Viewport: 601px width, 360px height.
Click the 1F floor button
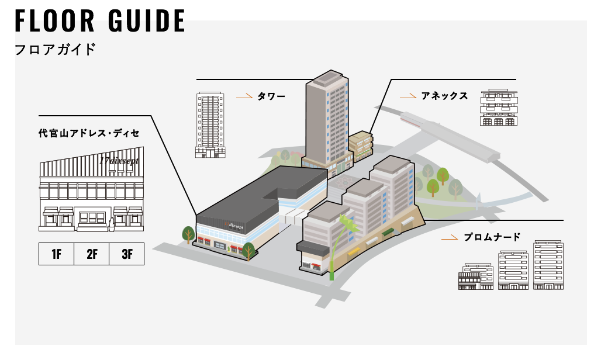[56, 254]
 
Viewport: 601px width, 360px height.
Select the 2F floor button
[91, 254]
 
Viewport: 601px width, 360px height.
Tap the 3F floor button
[126, 254]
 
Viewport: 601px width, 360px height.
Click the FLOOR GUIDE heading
[100, 21]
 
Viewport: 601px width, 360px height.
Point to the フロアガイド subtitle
[55, 49]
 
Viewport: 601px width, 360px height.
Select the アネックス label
[444, 96]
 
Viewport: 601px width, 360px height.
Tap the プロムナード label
[492, 237]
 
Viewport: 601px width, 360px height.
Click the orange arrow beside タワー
[244, 96]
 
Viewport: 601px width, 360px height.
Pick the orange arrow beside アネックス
[407, 96]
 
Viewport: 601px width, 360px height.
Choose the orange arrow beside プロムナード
[450, 238]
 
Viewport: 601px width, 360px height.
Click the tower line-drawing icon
[209, 124]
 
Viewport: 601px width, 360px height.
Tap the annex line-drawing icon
[498, 108]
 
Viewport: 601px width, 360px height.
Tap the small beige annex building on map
[361, 143]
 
